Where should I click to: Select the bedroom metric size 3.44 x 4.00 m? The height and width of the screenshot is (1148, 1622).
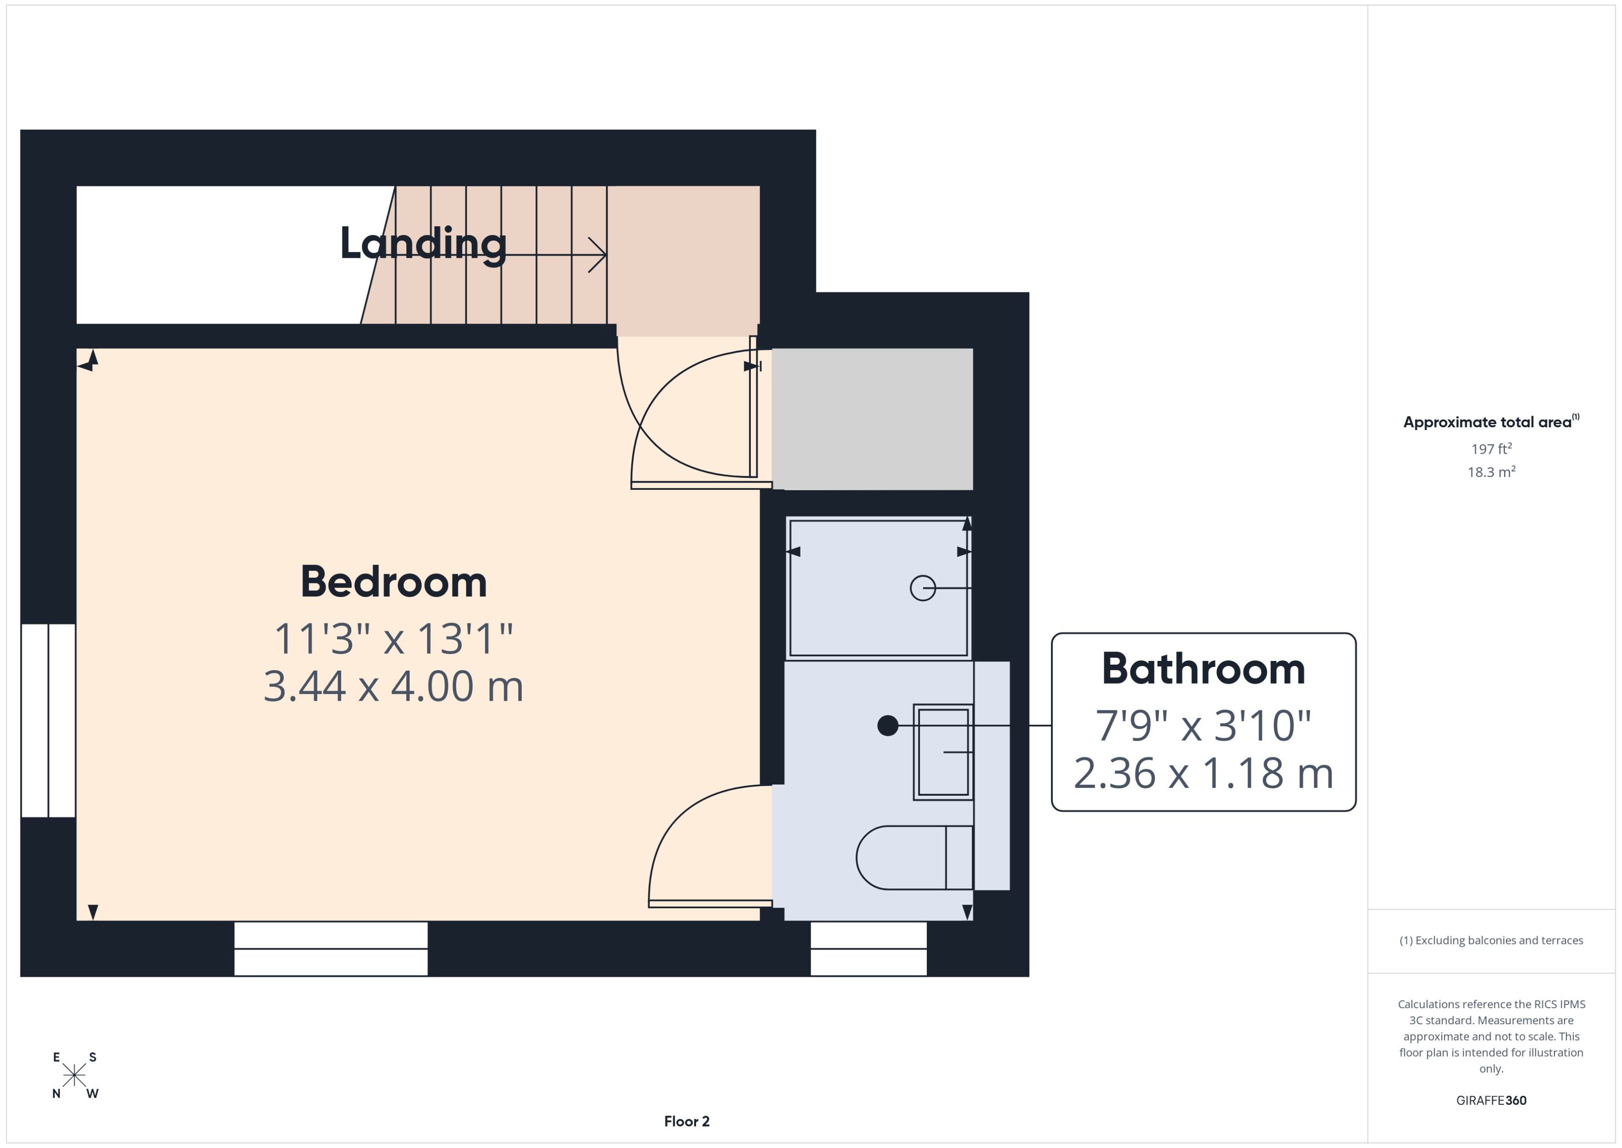tap(393, 686)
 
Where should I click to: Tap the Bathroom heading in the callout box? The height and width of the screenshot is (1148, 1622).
tap(1203, 669)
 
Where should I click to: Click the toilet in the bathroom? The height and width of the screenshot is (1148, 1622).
tap(912, 857)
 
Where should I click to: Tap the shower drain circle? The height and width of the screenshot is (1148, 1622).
tap(922, 588)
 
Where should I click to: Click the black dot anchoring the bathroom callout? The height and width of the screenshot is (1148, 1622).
tap(887, 725)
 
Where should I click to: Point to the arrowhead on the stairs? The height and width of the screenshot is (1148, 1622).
tap(598, 254)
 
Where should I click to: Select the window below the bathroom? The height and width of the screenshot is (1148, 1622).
tap(868, 949)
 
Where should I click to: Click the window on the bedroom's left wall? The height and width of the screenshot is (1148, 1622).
tap(48, 720)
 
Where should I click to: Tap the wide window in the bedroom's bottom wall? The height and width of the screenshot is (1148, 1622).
tap(331, 949)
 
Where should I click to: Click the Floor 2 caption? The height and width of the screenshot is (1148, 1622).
tap(686, 1121)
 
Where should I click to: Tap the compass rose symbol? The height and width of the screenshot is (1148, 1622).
tap(74, 1075)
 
